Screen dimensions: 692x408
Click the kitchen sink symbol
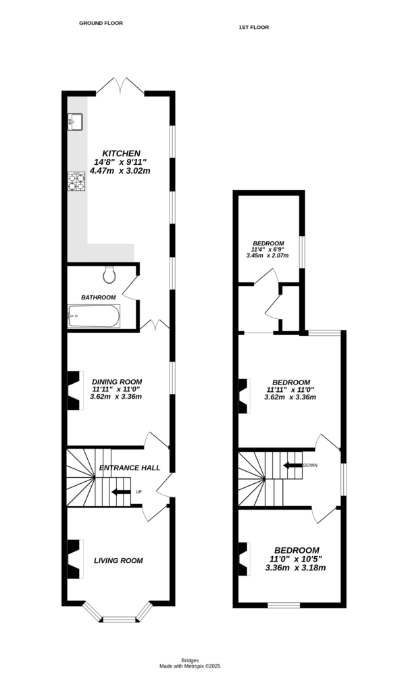pos(75,121)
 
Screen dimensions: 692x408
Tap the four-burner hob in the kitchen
pos(75,181)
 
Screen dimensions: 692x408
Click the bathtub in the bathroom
pos(94,316)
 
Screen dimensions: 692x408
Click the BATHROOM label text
pos(99,297)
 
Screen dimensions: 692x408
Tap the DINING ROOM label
pos(117,381)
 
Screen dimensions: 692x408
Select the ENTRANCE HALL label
pos(130,468)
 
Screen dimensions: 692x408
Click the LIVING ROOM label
pos(118,560)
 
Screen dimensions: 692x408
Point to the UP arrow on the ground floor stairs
pos(121,491)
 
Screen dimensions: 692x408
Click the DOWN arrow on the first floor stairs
pos(292,465)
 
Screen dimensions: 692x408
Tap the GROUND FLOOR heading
pos(101,23)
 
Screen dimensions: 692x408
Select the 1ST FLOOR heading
pos(254,28)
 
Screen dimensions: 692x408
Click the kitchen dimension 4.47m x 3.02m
pos(122,171)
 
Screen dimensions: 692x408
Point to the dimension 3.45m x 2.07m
pos(267,256)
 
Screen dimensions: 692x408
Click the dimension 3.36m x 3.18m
pos(296,568)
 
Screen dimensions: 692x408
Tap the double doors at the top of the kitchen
pos(121,86)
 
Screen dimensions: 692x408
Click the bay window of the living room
pos(118,616)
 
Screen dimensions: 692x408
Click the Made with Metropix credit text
pos(190,666)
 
